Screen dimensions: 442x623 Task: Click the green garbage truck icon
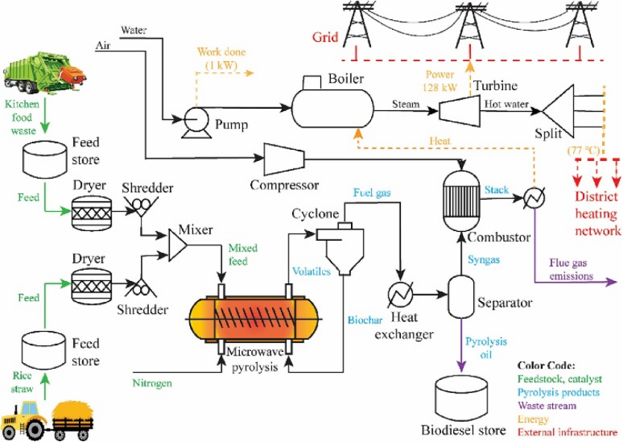(x=44, y=69)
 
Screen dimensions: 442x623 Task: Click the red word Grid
(x=325, y=37)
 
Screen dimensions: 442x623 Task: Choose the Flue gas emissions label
(x=571, y=269)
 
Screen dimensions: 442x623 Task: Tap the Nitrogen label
(x=152, y=383)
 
